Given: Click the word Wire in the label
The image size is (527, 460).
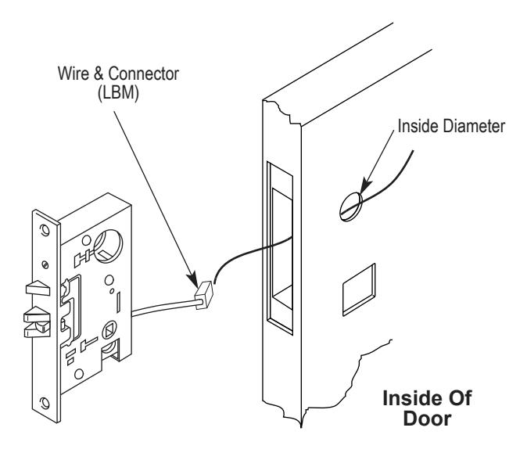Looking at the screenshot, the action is (x=74, y=74).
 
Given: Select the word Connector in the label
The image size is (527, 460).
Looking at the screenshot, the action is (x=144, y=74).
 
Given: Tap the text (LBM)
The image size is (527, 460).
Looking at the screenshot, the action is (x=118, y=92).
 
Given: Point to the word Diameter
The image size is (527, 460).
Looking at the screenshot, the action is (x=474, y=127).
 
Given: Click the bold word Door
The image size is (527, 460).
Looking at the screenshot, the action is (x=427, y=419).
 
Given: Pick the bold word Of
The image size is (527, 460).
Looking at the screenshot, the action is (x=459, y=397).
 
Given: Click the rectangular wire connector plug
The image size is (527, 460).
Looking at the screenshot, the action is (x=204, y=295).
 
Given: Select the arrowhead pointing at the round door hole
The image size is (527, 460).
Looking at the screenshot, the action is (x=365, y=187).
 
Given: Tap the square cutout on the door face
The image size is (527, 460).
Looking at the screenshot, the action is (x=359, y=289).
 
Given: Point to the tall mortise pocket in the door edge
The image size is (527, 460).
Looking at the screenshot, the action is (x=280, y=248).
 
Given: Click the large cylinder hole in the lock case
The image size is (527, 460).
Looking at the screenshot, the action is (x=108, y=246).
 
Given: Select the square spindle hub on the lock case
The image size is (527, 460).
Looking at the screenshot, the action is (x=109, y=330).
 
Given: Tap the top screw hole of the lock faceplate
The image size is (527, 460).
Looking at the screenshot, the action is (x=44, y=230).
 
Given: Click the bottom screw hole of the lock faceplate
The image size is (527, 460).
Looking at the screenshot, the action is (x=45, y=402).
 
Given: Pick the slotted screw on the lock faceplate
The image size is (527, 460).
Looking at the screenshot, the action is (x=45, y=265).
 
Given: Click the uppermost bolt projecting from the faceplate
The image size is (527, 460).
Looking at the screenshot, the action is (x=38, y=288).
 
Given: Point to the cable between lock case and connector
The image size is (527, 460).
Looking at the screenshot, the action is (x=163, y=307).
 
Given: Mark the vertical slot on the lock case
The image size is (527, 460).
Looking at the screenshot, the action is (x=118, y=302).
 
